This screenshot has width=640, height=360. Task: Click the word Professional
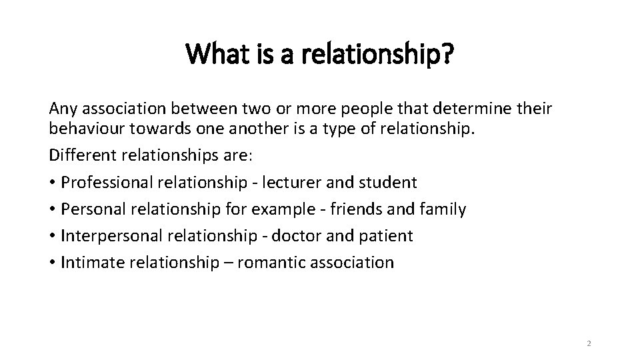(105, 181)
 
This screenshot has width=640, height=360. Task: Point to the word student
(390, 181)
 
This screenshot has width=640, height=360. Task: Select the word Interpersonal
(106, 235)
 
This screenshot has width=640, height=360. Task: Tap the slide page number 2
(589, 343)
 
